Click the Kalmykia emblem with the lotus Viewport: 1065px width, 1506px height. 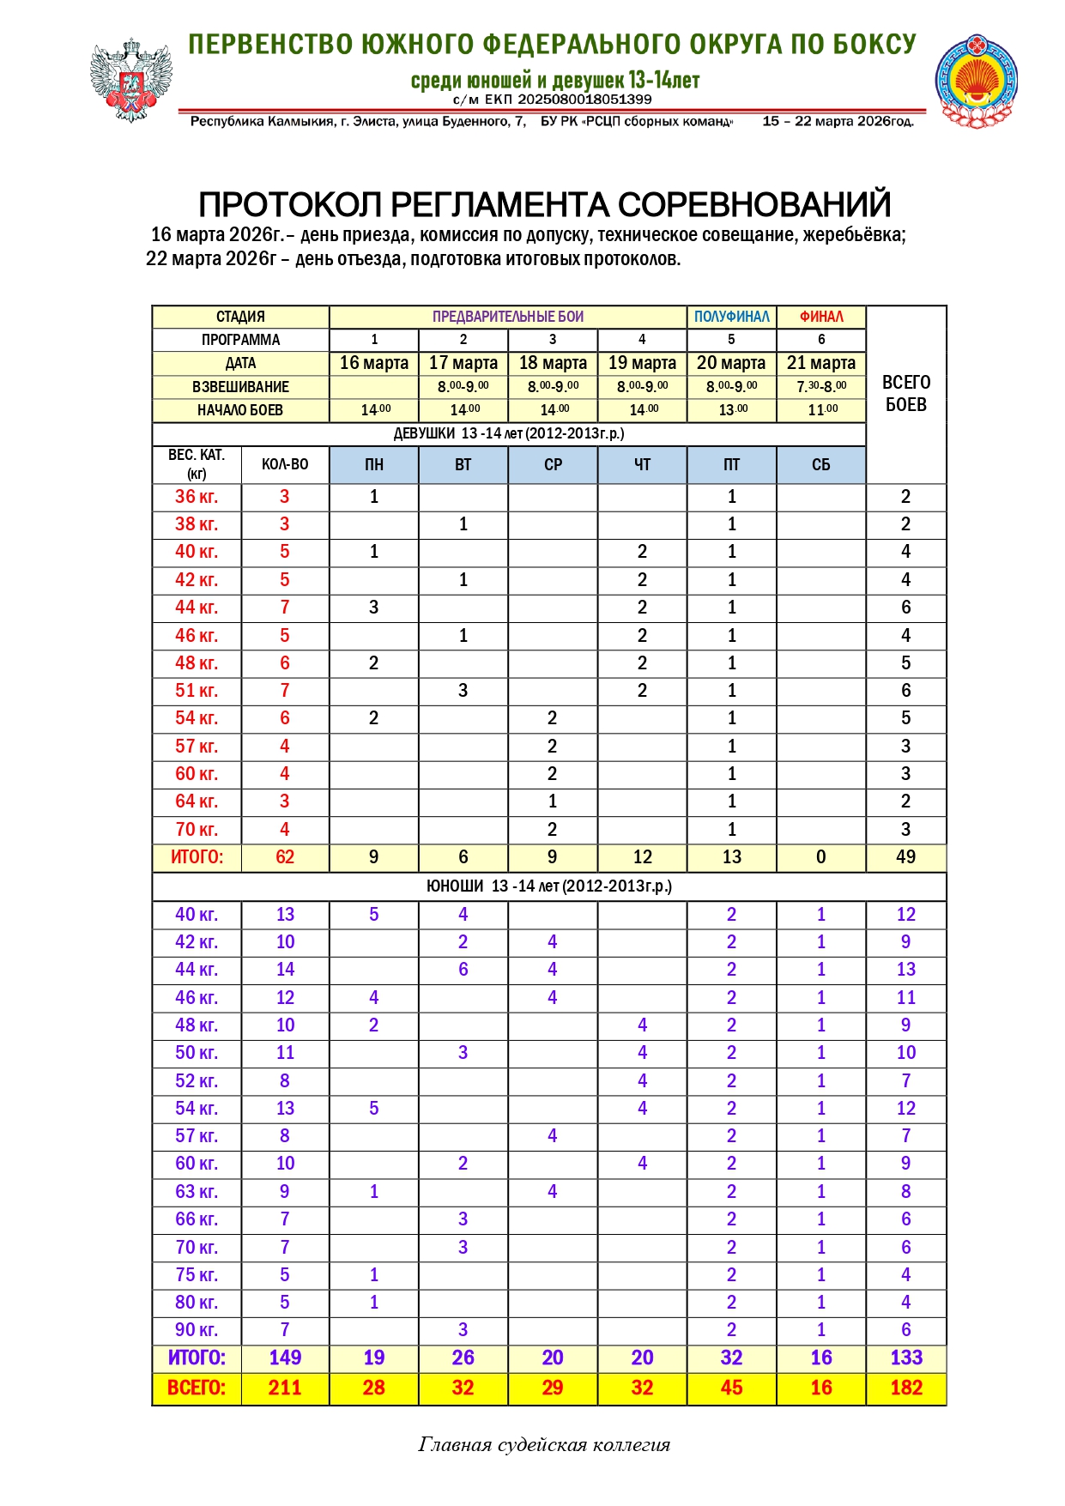tap(976, 82)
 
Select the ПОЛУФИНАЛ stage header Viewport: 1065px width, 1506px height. tap(731, 317)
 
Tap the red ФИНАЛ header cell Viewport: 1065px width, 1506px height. tap(821, 317)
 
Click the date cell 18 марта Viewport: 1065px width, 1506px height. tap(553, 363)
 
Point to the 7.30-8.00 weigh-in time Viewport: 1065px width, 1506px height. tap(821, 386)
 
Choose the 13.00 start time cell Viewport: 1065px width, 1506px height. tap(731, 409)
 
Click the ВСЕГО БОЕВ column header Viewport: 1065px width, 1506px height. tap(906, 393)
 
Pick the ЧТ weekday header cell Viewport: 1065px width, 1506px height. tap(642, 464)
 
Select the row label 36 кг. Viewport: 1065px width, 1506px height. tap(197, 496)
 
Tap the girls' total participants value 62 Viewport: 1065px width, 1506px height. tap(285, 856)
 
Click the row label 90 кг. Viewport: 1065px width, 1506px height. tap(197, 1329)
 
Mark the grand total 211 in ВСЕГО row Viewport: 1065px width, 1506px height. tap(285, 1388)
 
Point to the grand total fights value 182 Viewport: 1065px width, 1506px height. tap(906, 1388)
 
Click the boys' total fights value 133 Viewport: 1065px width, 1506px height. tap(906, 1358)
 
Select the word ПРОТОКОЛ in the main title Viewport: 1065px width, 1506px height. tap(291, 205)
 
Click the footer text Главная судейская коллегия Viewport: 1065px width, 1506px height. tap(544, 1445)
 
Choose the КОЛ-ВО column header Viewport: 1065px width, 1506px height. tap(285, 464)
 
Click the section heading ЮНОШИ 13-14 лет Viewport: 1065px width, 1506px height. tap(549, 886)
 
